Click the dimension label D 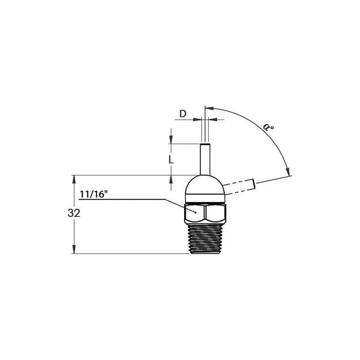[183, 113]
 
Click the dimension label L [170, 159]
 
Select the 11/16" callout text [94, 194]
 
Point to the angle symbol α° [270, 128]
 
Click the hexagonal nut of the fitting [205, 213]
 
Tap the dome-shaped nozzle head [205, 185]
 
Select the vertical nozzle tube [205, 160]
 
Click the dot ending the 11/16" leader [195, 210]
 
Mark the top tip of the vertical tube [205, 144]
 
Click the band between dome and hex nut [205, 199]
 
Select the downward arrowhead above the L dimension [171, 140]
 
